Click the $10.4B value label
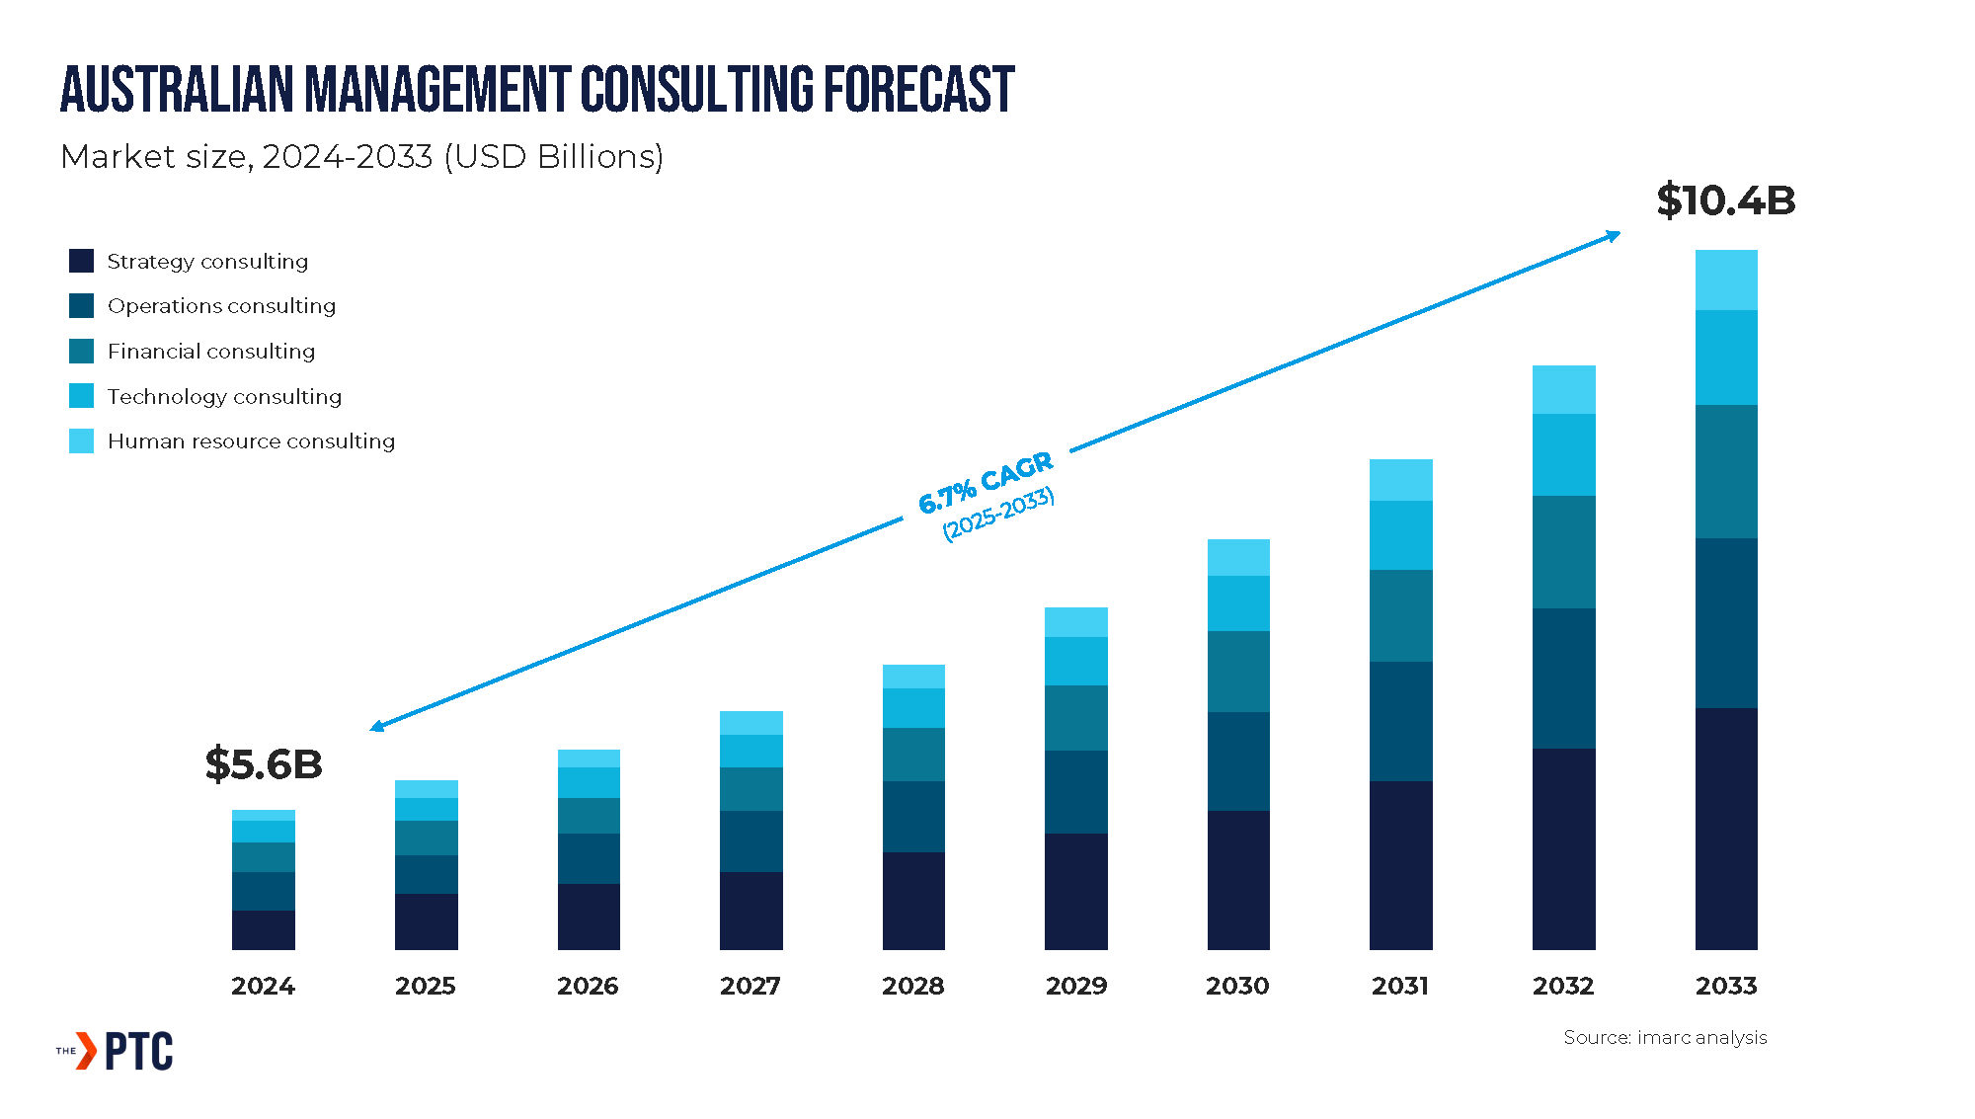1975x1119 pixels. point(1725,200)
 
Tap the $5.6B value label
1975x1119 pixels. point(264,764)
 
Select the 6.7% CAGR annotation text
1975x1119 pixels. point(986,484)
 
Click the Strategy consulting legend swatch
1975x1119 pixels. point(81,261)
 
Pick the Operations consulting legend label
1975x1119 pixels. point(221,306)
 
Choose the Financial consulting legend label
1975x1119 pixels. point(211,352)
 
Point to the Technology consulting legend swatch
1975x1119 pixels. point(81,396)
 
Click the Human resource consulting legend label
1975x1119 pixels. point(251,441)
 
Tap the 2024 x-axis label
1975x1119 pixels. point(263,986)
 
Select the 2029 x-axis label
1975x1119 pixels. point(1076,986)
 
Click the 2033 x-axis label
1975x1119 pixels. point(1726,986)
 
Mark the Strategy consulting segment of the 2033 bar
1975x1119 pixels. point(1726,829)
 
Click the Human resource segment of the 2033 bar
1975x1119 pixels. point(1726,280)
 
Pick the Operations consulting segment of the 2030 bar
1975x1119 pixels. point(1238,761)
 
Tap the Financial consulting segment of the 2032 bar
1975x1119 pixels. point(1564,552)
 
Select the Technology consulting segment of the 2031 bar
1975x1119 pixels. point(1401,535)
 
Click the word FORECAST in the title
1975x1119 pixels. point(918,89)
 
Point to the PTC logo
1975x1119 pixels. point(116,1051)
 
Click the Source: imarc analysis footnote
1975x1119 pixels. point(1665,1037)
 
